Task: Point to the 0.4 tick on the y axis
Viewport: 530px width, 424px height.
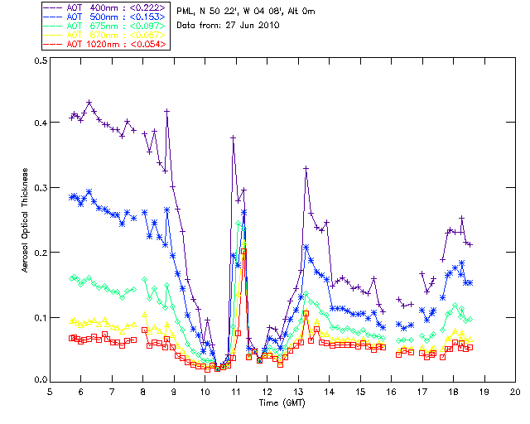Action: pos(51,123)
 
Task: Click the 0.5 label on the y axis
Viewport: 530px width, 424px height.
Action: pos(40,60)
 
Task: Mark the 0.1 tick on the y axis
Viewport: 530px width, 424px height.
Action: pos(51,316)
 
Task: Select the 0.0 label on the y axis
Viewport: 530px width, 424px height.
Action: pos(40,380)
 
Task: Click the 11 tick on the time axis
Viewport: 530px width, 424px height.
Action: pos(236,380)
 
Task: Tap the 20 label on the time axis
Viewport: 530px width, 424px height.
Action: pos(515,390)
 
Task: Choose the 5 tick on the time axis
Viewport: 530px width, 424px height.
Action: pos(51,380)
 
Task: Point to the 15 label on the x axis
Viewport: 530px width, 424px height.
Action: pos(360,390)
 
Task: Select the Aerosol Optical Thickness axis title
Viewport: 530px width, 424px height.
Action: pos(26,219)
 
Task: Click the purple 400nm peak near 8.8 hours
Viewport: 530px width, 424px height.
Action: pos(167,111)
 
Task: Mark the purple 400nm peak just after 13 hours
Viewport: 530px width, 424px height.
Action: pos(306,168)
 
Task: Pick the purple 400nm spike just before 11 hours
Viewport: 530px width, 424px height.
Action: pos(234,137)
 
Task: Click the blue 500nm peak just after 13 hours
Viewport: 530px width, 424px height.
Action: pos(306,247)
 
